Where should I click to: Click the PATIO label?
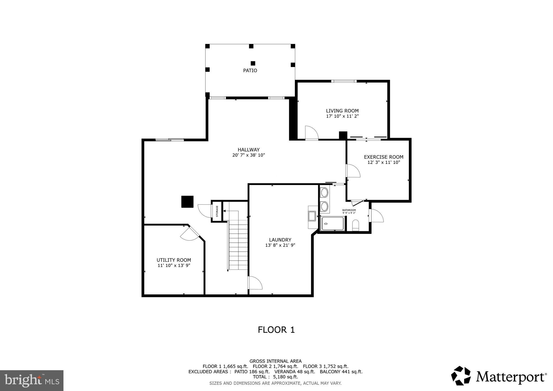[x=250, y=70]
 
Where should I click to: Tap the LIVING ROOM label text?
[x=342, y=111]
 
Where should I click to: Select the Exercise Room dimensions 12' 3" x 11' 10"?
[x=383, y=163]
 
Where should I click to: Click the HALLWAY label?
[x=248, y=150]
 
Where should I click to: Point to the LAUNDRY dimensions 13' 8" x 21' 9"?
[x=280, y=245]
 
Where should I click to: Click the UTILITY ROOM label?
[x=174, y=260]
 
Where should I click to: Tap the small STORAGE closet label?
[x=217, y=211]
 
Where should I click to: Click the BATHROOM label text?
[x=349, y=210]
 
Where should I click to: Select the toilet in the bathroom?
[x=355, y=225]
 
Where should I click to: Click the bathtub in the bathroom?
[x=333, y=224]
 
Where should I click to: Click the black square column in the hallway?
[x=187, y=202]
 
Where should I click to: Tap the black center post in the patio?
[x=253, y=63]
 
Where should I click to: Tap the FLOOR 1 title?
[x=276, y=330]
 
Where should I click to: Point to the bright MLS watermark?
[x=32, y=380]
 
